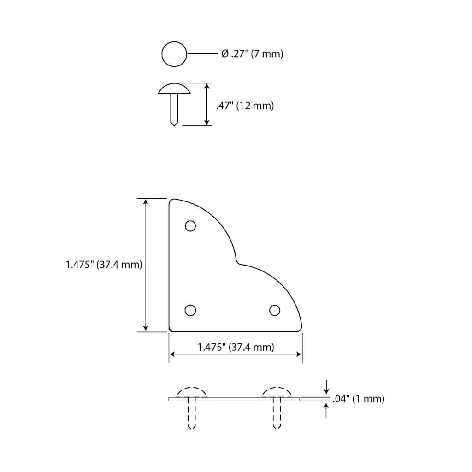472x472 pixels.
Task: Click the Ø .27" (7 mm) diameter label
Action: [x=252, y=54]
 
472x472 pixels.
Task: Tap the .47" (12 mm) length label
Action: [x=245, y=106]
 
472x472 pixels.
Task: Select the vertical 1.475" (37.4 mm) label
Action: [x=104, y=265]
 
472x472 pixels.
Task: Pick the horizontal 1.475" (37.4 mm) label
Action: [x=236, y=347]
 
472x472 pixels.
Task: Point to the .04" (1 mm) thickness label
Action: [x=359, y=399]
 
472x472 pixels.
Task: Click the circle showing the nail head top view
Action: [x=174, y=54]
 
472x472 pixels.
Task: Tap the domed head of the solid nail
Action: [x=174, y=88]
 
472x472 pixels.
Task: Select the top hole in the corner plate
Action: [x=190, y=226]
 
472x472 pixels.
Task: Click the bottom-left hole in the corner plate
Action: [x=190, y=310]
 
